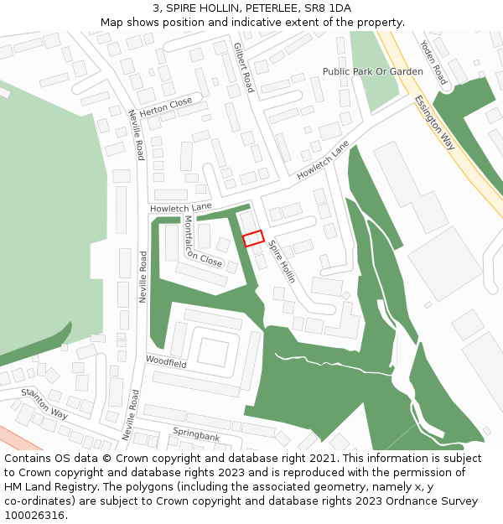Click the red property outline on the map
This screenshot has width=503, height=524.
click(253, 238)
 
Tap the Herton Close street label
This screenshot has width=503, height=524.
click(165, 107)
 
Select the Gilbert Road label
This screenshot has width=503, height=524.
click(242, 67)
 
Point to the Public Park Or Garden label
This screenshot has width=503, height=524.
click(373, 72)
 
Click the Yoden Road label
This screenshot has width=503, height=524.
click(434, 62)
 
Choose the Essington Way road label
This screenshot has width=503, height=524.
click(434, 122)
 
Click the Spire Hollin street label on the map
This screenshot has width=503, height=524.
click(282, 262)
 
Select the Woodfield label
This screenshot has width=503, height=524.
click(166, 362)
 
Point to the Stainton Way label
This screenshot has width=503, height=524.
click(44, 402)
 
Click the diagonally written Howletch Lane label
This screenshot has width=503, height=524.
click(322, 159)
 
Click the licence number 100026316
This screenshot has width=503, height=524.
click(35, 515)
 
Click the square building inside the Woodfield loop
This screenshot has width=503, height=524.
click(212, 352)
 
